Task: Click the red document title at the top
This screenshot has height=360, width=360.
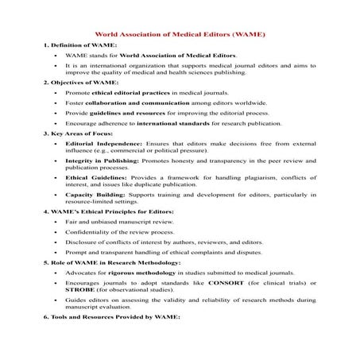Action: [180, 35]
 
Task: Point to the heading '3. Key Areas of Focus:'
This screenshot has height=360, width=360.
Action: [81, 134]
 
